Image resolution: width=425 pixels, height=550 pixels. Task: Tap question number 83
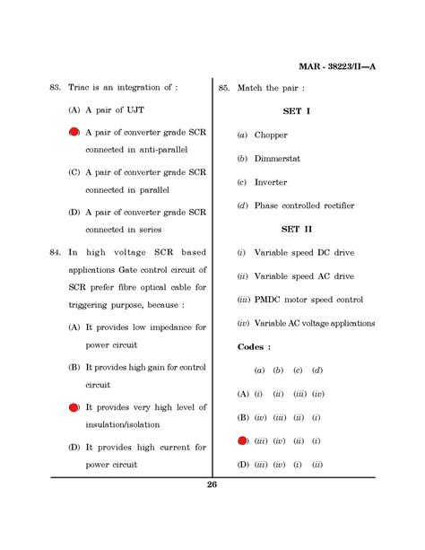(x=54, y=87)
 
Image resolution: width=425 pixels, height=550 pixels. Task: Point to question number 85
(x=224, y=87)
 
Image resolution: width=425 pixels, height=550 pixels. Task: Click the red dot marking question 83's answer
(x=74, y=132)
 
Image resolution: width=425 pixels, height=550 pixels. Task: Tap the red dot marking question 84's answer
(x=74, y=407)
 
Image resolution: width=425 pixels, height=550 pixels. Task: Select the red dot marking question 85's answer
(x=242, y=441)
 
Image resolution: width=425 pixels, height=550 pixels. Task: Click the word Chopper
(x=271, y=135)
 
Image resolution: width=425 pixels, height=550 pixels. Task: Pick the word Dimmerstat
(x=280, y=159)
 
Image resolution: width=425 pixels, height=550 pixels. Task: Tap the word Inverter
(x=271, y=182)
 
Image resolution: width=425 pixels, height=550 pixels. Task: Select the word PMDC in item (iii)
(x=269, y=300)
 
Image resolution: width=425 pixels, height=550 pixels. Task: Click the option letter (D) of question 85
(x=242, y=464)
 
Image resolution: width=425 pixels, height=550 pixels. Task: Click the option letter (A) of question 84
(x=74, y=327)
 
